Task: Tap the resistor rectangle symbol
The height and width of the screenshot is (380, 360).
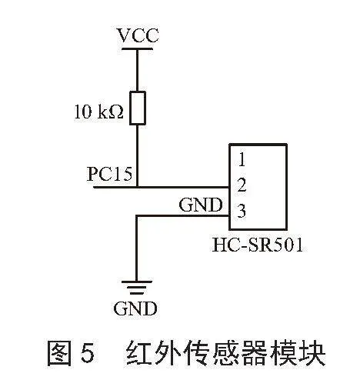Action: coord(138,108)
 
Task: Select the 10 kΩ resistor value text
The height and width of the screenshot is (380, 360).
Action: coord(99,112)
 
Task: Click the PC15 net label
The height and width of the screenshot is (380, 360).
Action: coord(109,174)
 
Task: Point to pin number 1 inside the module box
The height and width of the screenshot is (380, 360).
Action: coord(242,159)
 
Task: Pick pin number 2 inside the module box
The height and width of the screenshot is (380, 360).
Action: coord(242,185)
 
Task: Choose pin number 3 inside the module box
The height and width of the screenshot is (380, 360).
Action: coord(242,211)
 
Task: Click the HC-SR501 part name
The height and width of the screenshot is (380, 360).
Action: coord(258,245)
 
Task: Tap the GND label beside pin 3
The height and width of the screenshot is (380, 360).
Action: coord(201,205)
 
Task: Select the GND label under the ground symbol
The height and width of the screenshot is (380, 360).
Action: coord(135,308)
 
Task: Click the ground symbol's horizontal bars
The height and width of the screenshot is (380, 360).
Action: coord(136,288)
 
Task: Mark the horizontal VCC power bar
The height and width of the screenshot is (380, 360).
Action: coord(137,48)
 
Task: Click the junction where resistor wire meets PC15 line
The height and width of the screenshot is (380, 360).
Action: coord(138,187)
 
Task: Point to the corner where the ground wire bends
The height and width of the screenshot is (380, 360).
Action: coord(137,216)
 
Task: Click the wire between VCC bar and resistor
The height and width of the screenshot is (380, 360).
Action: coord(138,71)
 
